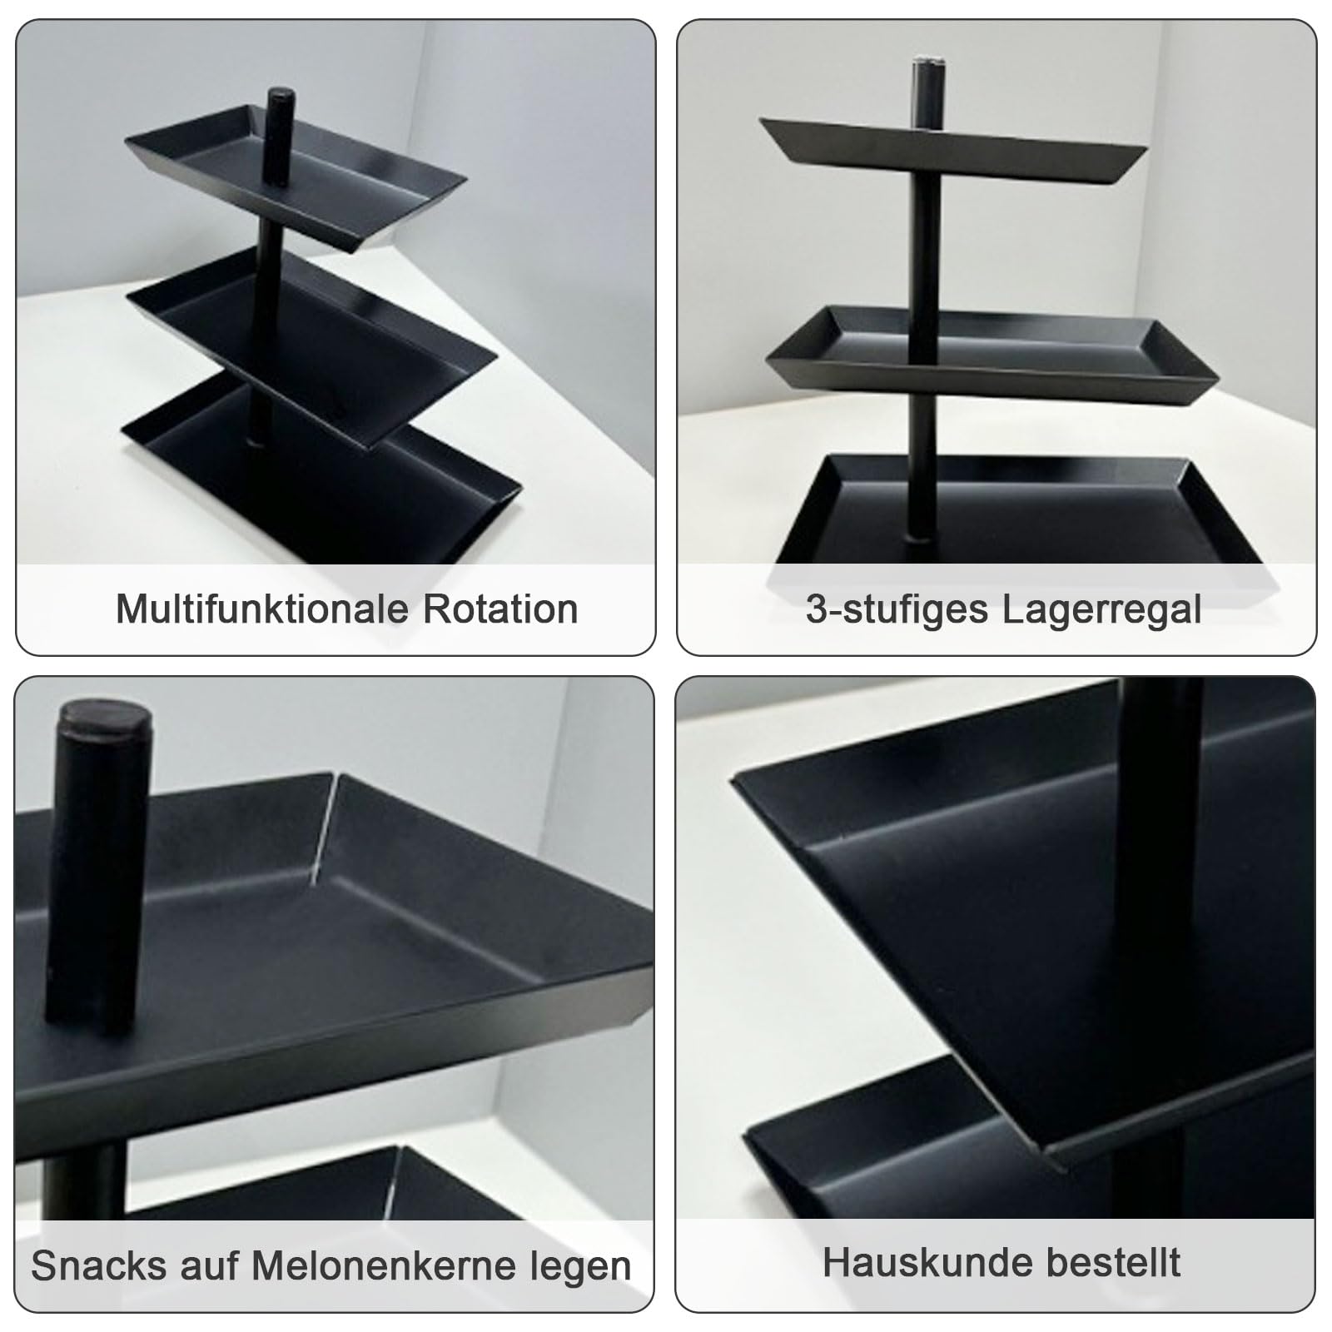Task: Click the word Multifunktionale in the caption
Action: (x=263, y=609)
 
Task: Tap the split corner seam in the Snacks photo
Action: (x=327, y=824)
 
